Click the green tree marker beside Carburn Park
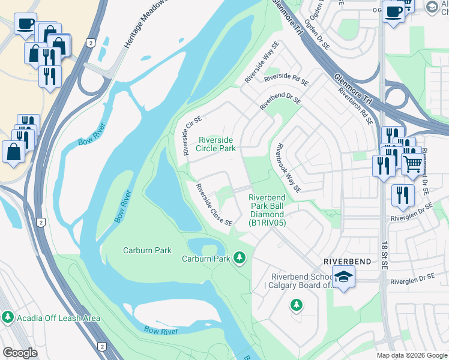[240, 258]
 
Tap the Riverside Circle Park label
[217, 144]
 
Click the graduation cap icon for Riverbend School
[343, 277]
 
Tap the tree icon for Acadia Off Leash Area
[8, 316]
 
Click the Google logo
[20, 353]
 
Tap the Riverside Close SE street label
[214, 205]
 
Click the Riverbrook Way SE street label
[288, 167]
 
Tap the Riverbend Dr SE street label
[279, 100]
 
